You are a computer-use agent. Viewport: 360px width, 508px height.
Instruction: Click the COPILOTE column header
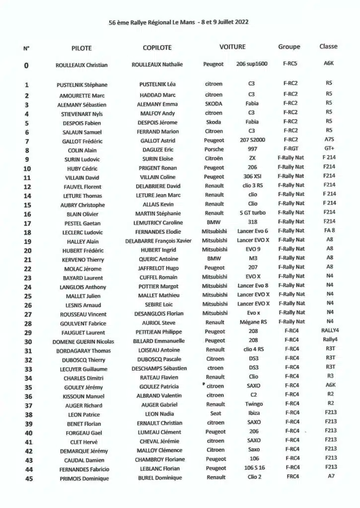point(157,48)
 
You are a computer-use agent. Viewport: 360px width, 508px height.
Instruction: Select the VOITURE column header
point(232,47)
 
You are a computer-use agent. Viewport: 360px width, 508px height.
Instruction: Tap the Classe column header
point(328,47)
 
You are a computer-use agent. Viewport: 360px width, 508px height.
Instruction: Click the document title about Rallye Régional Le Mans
point(179,22)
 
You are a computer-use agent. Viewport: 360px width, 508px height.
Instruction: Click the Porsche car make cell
point(214,149)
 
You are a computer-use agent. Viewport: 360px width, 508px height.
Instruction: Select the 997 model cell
point(252,149)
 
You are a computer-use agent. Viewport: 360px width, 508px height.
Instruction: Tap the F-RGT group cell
point(290,149)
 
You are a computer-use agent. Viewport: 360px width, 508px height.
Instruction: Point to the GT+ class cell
point(329,149)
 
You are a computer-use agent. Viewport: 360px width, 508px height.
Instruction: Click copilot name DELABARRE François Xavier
point(158,241)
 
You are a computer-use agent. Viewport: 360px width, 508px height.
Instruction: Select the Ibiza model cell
point(253,413)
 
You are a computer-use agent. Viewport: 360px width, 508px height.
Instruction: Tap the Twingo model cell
point(253,404)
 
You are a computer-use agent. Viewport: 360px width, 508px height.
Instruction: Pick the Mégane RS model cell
point(253,322)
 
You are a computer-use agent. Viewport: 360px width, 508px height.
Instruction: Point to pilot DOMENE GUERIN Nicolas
point(83,342)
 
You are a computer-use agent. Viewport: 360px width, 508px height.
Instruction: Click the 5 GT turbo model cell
point(252,213)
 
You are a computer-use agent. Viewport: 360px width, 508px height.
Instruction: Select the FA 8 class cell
point(329,231)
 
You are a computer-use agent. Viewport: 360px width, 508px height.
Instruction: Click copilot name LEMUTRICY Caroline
point(158,223)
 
